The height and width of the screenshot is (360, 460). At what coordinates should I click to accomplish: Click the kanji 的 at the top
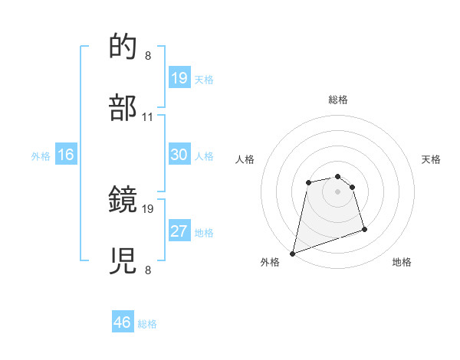coord(124,48)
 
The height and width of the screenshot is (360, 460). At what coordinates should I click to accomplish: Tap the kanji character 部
coord(124,108)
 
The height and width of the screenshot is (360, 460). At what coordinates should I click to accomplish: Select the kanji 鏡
coord(124,200)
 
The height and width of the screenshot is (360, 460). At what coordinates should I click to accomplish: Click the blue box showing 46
coord(122,322)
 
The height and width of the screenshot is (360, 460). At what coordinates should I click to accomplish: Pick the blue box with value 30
coord(179,155)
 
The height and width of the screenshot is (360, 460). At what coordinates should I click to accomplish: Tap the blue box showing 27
coord(179,231)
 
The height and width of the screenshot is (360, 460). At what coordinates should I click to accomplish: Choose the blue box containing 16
coord(65,155)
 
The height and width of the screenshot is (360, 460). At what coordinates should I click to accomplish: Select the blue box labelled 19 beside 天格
coord(179,78)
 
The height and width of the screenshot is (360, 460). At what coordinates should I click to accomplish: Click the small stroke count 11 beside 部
coord(148,117)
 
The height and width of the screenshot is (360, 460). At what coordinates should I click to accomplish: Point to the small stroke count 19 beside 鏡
coord(149,208)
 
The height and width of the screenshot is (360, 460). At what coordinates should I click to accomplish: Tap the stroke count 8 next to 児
coord(147,270)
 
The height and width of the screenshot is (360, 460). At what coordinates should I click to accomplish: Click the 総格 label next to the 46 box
coord(147,324)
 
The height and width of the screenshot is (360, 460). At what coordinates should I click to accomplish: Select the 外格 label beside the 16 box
coord(41,156)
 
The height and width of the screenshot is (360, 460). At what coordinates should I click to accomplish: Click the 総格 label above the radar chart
coord(338,100)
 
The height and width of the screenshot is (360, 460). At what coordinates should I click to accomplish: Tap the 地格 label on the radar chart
coord(402,263)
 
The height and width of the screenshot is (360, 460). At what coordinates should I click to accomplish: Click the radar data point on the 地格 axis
coord(364,229)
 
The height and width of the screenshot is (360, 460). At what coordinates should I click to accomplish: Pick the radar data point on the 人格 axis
coord(308,182)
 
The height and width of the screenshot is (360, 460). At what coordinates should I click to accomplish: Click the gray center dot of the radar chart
coord(338,191)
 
